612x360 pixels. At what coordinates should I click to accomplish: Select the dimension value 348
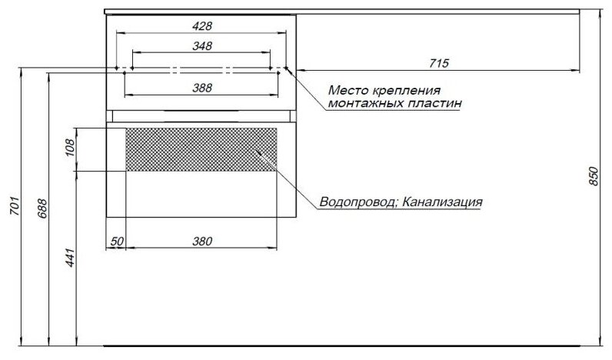[201, 46]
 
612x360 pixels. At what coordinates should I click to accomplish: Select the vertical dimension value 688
[42, 208]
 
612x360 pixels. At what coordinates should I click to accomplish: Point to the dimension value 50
[116, 241]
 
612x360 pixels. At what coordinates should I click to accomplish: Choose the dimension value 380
[201, 241]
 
